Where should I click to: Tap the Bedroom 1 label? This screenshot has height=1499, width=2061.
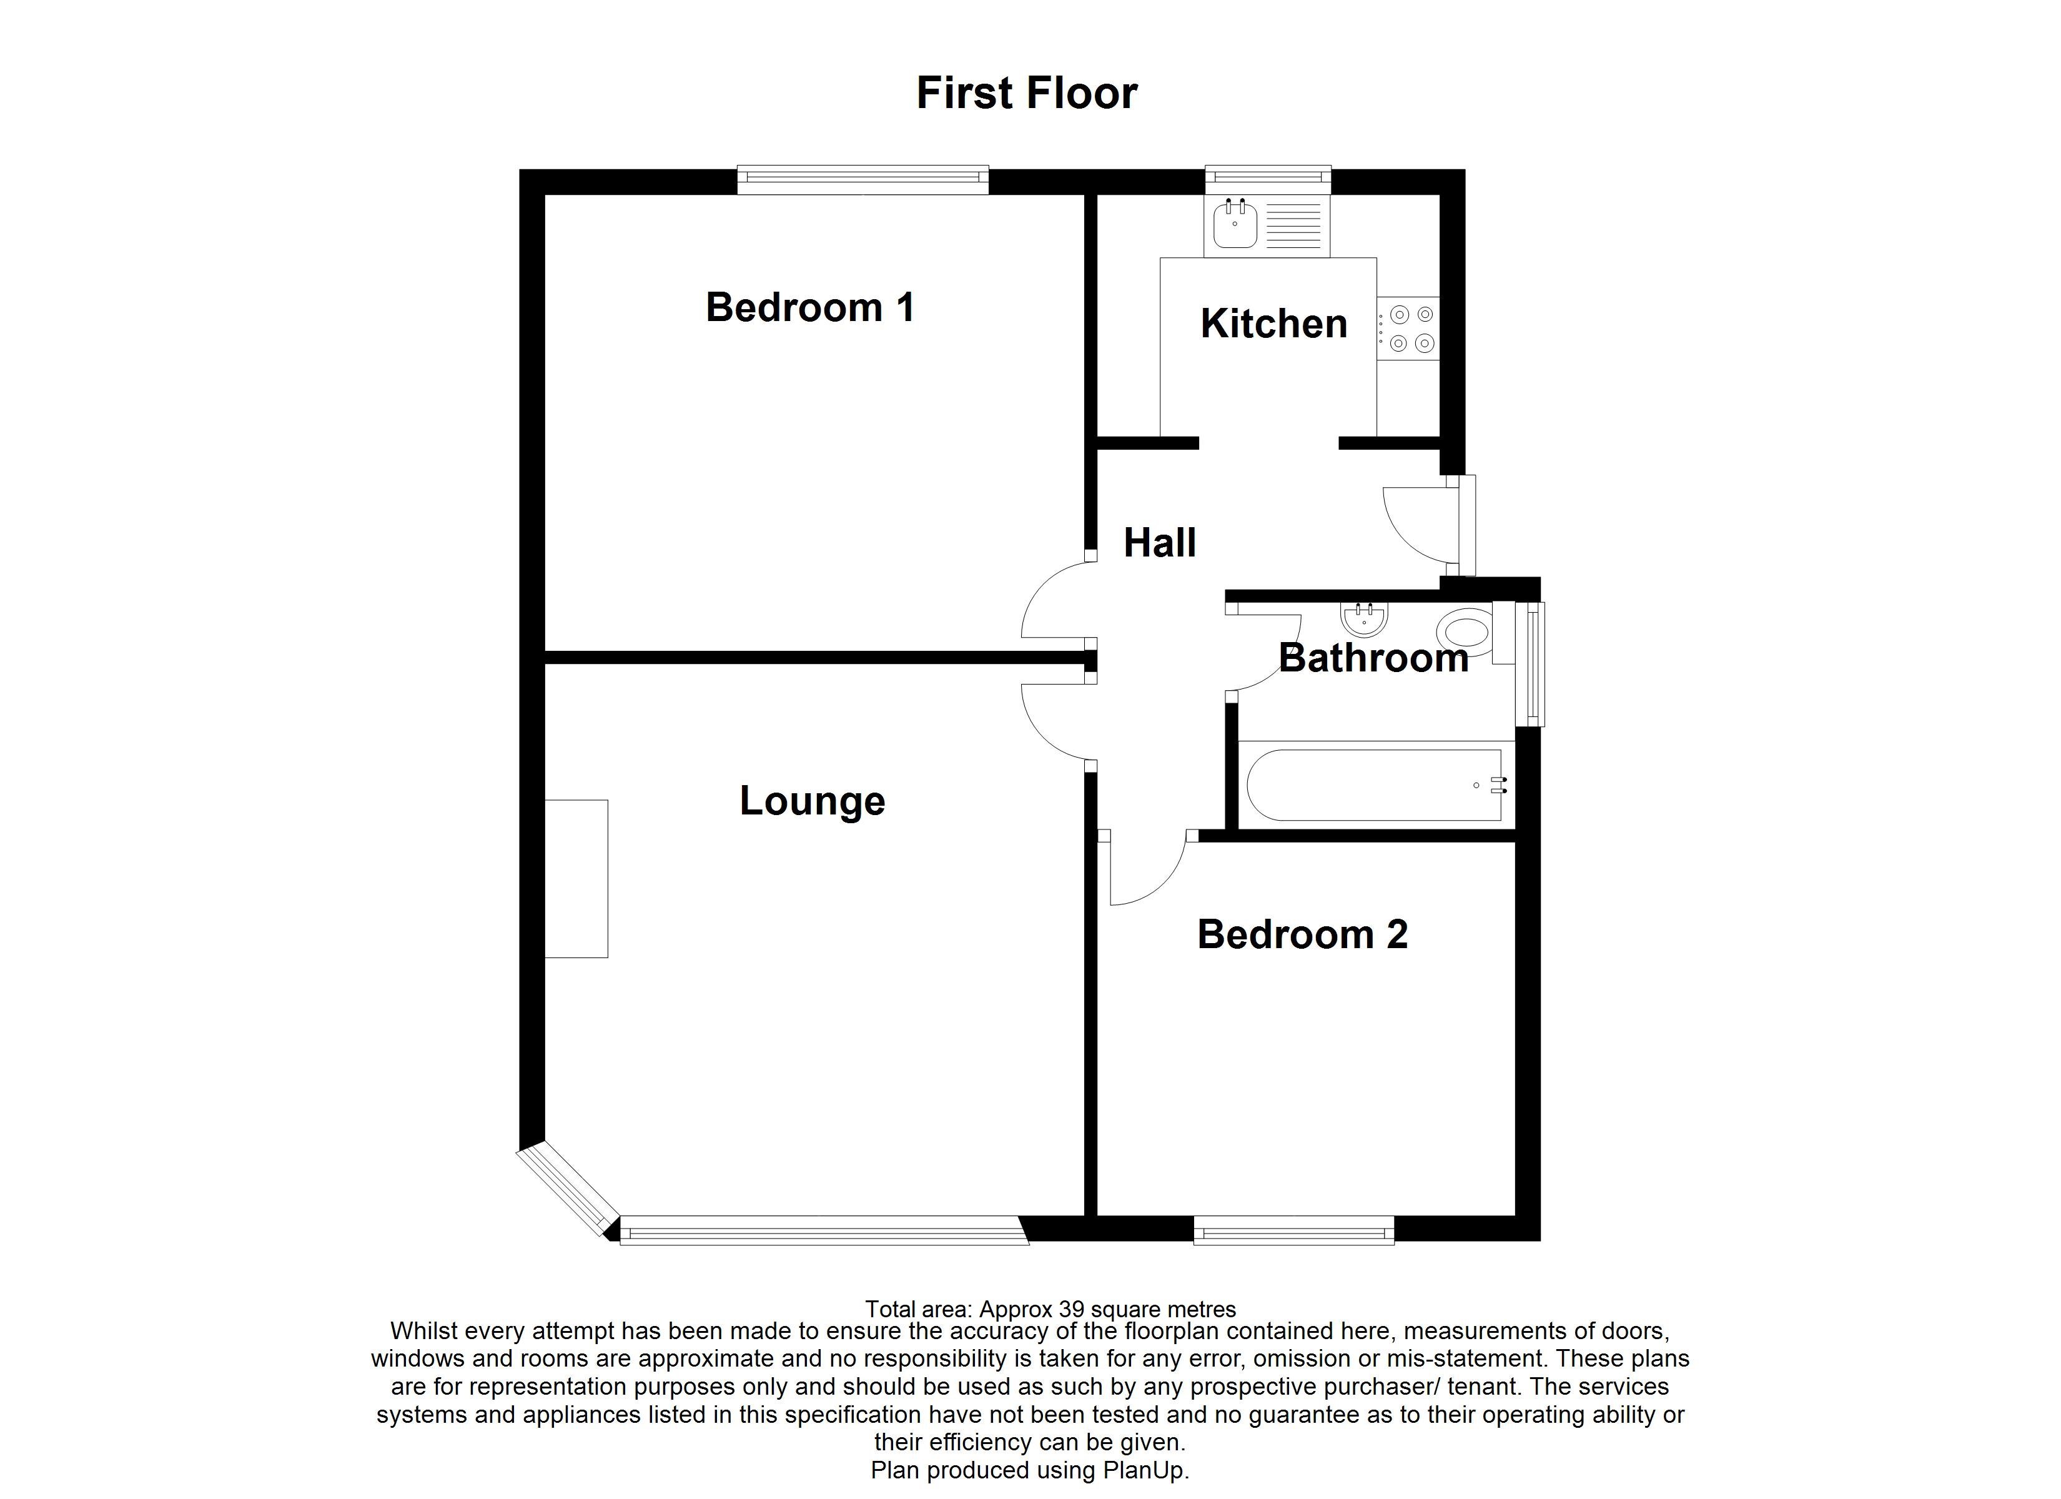809,307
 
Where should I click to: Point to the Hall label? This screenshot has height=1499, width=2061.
1160,543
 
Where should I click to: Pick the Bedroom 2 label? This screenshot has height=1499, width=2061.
1302,934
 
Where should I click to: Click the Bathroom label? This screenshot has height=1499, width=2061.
1373,658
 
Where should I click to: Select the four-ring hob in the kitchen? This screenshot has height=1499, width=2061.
1410,328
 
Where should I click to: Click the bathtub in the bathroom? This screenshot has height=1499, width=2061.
1373,785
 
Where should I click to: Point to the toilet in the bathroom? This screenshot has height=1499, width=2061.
1466,631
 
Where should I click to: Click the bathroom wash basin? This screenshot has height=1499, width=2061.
1364,620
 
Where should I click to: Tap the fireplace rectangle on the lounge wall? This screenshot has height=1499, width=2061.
576,878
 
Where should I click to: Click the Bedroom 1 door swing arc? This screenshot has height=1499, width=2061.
1054,605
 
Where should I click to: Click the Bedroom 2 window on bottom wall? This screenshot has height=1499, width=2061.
1293,1233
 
